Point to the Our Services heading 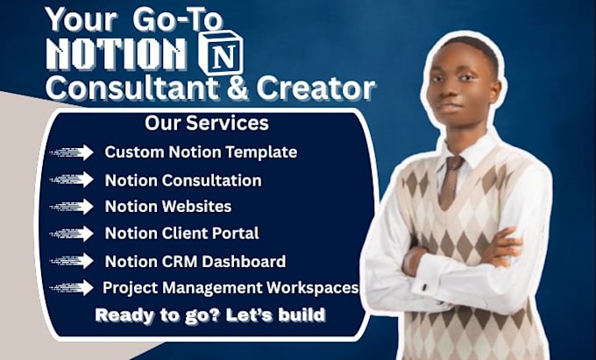coord(207,123)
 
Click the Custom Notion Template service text coord(201,152)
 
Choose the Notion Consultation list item coord(182,180)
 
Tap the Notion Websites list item coord(168,207)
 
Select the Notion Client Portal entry coord(181,233)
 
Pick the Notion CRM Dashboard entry coord(195,261)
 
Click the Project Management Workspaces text coord(231,287)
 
